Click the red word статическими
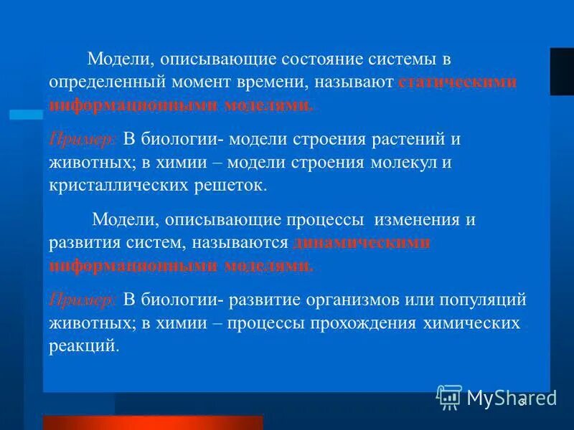pyautogui.click(x=457, y=82)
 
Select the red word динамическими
pyautogui.click(x=362, y=242)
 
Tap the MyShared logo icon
pyautogui.click(x=449, y=396)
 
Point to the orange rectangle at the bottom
pyautogui.click(x=153, y=422)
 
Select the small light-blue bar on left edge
pyautogui.click(x=26, y=114)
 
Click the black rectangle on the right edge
pyautogui.click(x=562, y=72)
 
